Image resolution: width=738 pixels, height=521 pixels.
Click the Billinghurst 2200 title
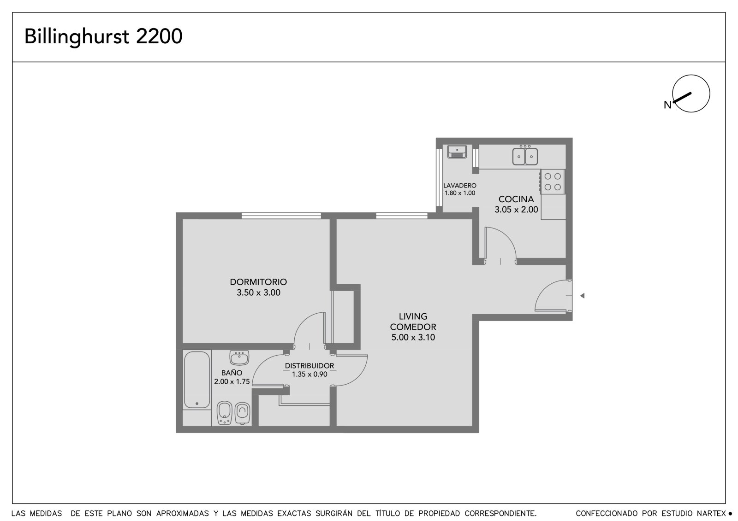[103, 37]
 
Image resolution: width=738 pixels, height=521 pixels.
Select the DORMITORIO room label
[258, 282]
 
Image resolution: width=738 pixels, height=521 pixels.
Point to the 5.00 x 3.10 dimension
[413, 337]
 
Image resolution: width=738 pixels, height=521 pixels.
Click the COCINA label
[516, 199]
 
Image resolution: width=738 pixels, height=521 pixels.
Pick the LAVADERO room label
[459, 186]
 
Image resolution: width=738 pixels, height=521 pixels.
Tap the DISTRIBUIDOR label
[309, 366]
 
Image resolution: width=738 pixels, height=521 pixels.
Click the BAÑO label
[232, 373]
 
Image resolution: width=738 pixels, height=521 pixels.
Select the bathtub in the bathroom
[196, 380]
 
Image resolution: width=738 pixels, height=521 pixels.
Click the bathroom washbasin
[239, 357]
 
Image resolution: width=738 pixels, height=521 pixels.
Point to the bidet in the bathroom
[225, 412]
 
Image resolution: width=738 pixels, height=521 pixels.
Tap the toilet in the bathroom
[243, 413]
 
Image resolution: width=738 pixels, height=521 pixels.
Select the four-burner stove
[553, 181]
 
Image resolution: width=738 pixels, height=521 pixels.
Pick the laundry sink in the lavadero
[457, 152]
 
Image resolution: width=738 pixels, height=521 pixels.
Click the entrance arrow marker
[582, 296]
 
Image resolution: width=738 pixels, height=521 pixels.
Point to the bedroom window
[281, 216]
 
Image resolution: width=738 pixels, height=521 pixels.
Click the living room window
[402, 216]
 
